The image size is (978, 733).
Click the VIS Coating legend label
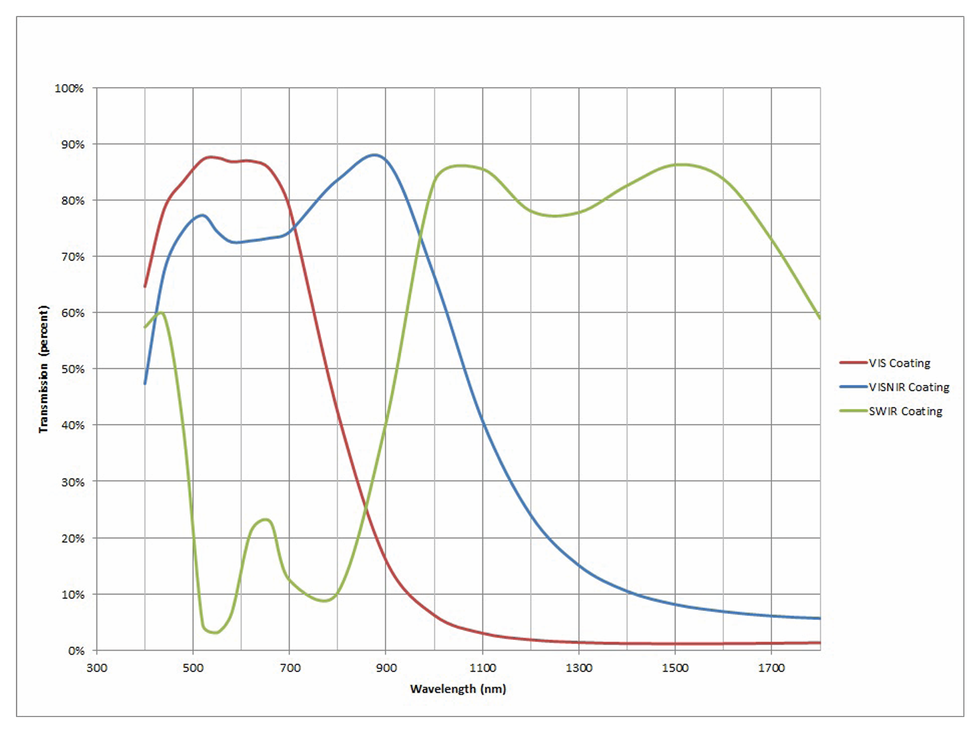pos(899,363)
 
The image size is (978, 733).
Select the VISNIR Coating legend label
pos(909,387)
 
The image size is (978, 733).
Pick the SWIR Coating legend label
pos(905,411)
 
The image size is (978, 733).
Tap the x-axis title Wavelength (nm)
pos(458,689)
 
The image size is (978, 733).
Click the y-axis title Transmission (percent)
pos(43,369)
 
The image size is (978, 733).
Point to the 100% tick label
pos(69,88)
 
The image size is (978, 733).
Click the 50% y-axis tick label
pos(72,369)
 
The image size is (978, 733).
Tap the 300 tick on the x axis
pos(96,668)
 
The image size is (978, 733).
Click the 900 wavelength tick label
pos(386,668)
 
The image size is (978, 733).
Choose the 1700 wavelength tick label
pos(771,668)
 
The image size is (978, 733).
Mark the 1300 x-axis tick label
pos(578,668)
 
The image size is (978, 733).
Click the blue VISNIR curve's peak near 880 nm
pos(375,155)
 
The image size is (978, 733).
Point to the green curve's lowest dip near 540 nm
pos(214,632)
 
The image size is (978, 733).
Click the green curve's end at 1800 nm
pos(820,319)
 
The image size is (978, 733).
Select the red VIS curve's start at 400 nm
pos(145,287)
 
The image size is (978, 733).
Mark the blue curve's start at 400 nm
pos(145,384)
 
